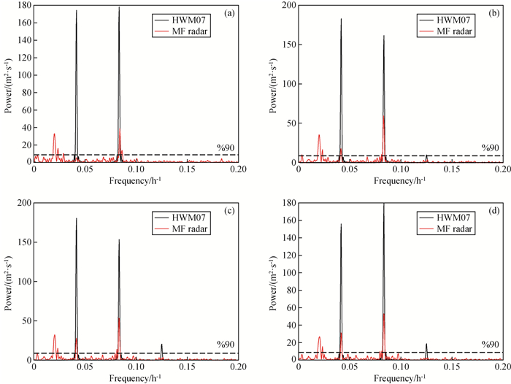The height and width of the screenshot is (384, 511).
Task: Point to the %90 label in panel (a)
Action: (226, 148)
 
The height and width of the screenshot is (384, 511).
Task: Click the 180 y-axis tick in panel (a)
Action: (24, 6)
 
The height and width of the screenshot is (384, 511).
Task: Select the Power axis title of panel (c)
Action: (8, 281)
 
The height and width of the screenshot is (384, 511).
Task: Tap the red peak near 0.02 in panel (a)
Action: (54, 134)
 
